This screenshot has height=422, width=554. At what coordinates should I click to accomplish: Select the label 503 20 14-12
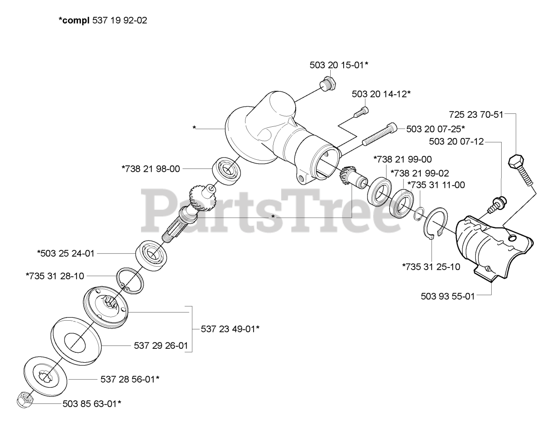click(381, 94)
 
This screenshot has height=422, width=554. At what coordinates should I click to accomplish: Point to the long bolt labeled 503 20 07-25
click(379, 134)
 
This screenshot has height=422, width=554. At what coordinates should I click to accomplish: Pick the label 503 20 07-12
click(456, 142)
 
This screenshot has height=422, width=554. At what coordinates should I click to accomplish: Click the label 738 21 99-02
click(420, 174)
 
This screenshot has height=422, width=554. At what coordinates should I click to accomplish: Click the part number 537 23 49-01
click(230, 329)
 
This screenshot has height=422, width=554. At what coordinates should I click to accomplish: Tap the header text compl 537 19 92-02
click(103, 21)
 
